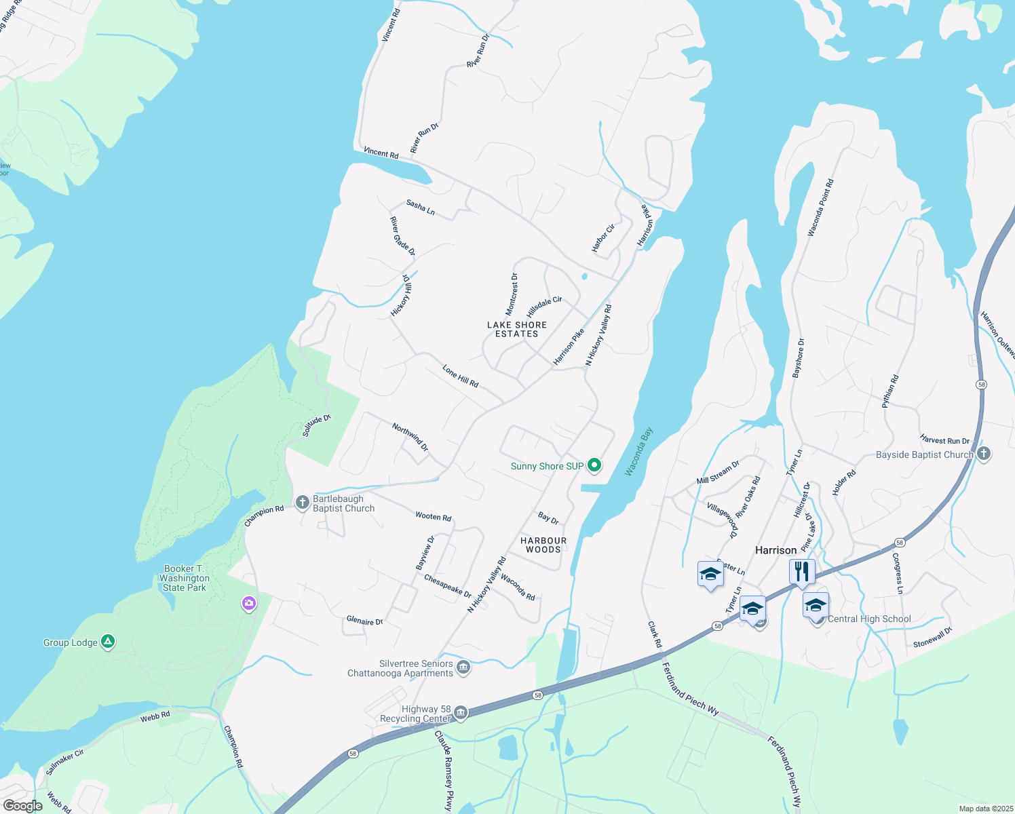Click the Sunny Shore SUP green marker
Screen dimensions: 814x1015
[594, 465]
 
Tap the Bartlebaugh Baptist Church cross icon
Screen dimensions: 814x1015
[303, 503]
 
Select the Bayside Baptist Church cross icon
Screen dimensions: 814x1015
[984, 454]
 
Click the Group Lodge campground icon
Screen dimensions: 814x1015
[107, 641]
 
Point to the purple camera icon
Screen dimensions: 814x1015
[249, 602]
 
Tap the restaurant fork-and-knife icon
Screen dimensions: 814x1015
[802, 571]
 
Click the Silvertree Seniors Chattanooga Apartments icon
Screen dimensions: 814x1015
[463, 667]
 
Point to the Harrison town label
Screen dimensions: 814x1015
[776, 550]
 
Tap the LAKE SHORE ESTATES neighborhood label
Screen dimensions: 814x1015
[517, 329]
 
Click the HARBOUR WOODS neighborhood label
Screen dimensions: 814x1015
[543, 545]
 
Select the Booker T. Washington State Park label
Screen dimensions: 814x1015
[184, 578]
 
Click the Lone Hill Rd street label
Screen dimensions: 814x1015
[461, 376]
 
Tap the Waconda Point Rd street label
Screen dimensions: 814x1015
[820, 208]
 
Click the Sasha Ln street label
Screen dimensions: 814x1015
[421, 207]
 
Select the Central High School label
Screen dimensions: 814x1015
[869, 619]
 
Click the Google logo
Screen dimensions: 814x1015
[22, 806]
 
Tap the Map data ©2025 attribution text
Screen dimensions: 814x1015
[985, 809]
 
